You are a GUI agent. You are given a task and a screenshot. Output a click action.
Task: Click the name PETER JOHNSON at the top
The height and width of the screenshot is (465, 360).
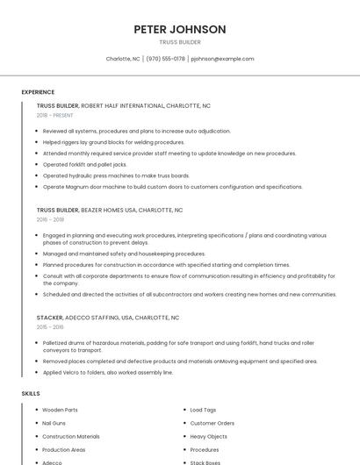coord(180,29)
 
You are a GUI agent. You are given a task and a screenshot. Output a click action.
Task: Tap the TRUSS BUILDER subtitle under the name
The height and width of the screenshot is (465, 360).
coord(180,42)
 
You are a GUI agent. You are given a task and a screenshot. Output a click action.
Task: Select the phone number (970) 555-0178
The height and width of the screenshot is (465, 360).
coord(165,59)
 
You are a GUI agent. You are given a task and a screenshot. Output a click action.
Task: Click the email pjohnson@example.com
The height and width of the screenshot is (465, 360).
coord(222,59)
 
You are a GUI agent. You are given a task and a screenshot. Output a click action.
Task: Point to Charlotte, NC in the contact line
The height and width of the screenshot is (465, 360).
coord(123,59)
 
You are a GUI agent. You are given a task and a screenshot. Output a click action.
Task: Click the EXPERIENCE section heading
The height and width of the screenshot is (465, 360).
coord(38,92)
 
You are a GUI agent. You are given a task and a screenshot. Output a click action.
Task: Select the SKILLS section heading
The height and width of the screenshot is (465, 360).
coord(31,394)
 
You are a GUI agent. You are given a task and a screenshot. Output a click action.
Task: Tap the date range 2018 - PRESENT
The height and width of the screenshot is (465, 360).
coord(55,115)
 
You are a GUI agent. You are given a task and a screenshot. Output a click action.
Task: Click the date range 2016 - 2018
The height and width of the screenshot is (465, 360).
coord(50,219)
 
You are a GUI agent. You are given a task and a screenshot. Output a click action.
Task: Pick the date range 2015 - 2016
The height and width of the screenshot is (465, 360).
coord(50,326)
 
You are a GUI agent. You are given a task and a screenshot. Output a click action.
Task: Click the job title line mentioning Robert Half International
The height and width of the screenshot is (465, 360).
coord(123,105)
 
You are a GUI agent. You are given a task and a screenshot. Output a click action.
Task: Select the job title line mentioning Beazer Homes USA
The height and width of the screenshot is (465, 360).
coord(110,211)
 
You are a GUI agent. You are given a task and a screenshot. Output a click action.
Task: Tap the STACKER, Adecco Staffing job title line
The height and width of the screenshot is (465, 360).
coord(108,317)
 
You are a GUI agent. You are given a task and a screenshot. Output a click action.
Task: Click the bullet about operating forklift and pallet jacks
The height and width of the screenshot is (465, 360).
coord(85,164)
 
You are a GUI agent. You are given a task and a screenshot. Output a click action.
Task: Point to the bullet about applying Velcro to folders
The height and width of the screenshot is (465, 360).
coord(108,372)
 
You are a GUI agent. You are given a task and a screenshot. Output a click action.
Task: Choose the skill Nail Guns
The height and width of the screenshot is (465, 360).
coord(54,423)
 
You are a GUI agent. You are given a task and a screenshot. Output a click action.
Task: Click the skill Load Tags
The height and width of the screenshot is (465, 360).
coord(203,410)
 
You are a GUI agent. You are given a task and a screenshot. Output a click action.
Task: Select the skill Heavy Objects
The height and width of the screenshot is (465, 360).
coord(208,436)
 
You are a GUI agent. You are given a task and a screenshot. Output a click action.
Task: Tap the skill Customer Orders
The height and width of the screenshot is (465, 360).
coord(212,423)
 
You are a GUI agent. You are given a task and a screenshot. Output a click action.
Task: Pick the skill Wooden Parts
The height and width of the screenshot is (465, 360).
coord(60,410)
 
